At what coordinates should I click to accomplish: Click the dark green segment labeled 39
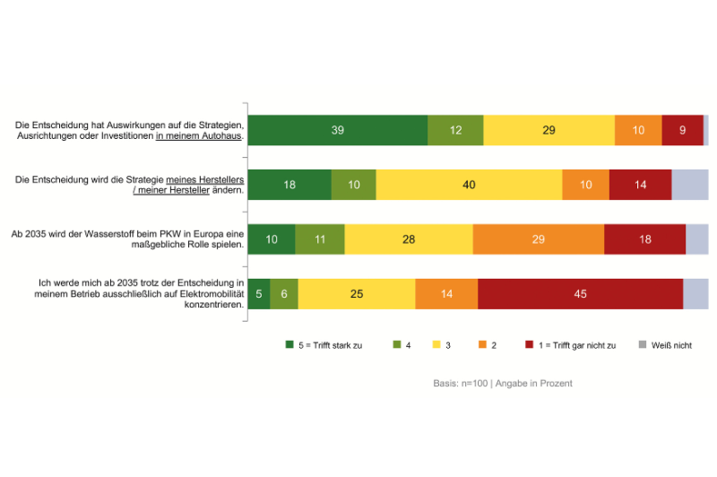coord(337,131)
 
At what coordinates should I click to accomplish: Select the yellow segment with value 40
coord(469,185)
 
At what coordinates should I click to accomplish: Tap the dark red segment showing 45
coord(580,294)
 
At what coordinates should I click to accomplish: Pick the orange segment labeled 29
coord(538,239)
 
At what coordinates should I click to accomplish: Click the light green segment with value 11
coord(319,239)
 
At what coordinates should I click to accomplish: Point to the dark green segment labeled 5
coord(258,294)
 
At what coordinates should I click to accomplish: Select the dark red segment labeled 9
coord(682,131)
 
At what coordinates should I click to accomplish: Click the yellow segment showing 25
coord(357,294)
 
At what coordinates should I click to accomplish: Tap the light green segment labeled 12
coord(455,131)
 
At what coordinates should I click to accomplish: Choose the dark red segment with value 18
coord(644,239)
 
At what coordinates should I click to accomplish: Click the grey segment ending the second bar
coord(690,185)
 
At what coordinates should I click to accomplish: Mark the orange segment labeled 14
coord(446,294)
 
